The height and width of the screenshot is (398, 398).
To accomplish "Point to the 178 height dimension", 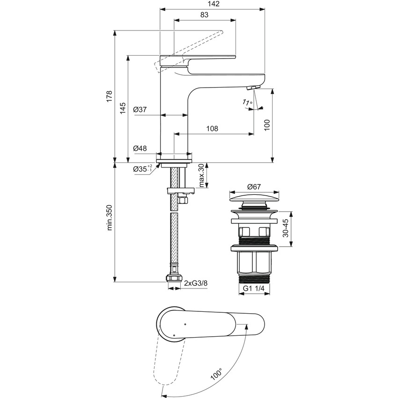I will pyautogui.click(x=110, y=96).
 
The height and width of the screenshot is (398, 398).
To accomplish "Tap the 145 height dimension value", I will pyautogui.click(x=122, y=108).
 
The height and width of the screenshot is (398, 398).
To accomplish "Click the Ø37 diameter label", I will pyautogui.click(x=140, y=110).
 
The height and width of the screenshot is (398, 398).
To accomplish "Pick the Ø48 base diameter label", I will pyautogui.click(x=140, y=148).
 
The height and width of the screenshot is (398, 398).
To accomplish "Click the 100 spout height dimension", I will pyautogui.click(x=267, y=125).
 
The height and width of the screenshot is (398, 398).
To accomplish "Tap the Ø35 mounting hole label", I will pyautogui.click(x=142, y=169).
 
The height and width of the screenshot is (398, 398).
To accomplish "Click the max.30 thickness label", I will pyautogui.click(x=201, y=176).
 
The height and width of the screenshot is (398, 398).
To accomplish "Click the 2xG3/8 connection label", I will pyautogui.click(x=195, y=283).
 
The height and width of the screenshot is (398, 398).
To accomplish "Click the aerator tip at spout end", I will pyautogui.click(x=253, y=88).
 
